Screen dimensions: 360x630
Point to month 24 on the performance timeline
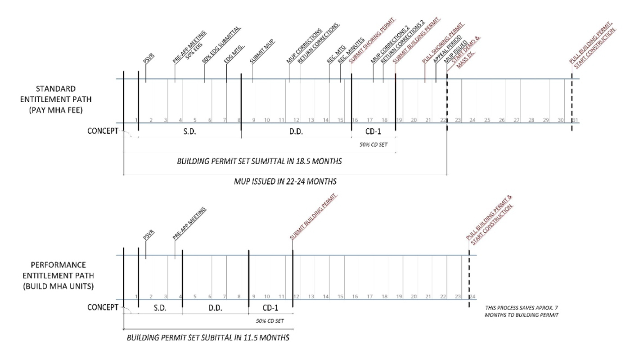click(472, 297)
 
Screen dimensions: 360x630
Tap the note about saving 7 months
click(521, 311)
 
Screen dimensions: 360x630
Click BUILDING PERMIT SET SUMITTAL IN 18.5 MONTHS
click(260, 161)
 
